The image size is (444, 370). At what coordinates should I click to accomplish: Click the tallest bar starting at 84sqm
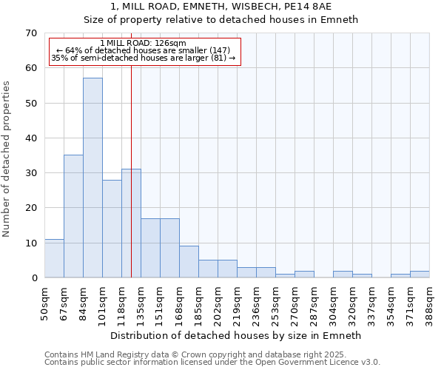tap(92, 178)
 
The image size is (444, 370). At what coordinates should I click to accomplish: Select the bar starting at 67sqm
tap(73, 216)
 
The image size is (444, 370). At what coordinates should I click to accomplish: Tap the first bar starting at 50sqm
tap(54, 258)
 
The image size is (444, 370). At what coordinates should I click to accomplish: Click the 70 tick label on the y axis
tap(30, 33)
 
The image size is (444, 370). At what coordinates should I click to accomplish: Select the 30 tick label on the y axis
tap(30, 173)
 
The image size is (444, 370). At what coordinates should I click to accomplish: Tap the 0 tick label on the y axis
tap(33, 278)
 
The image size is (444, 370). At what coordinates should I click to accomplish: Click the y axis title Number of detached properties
tap(7, 159)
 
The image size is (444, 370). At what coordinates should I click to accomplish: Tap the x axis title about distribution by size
tap(235, 335)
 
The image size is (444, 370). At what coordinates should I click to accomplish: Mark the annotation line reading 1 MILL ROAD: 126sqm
tap(143, 43)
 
